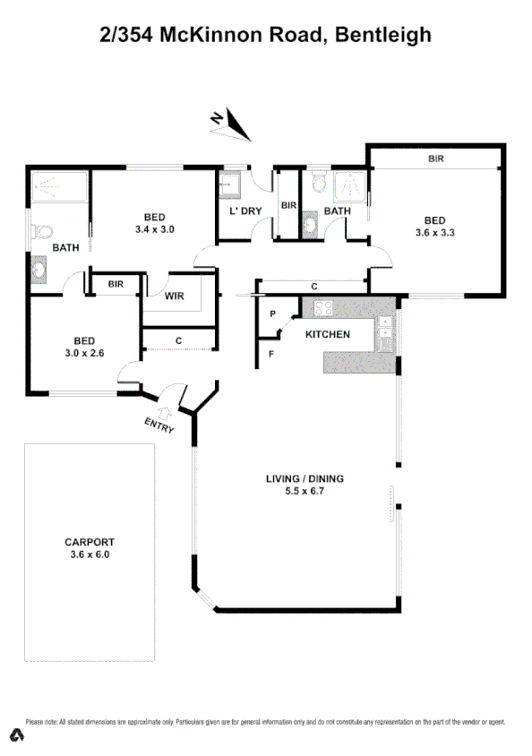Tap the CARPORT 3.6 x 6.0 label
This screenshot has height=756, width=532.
click(88, 548)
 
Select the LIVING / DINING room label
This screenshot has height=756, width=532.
click(305, 485)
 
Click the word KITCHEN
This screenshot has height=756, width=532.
click(327, 335)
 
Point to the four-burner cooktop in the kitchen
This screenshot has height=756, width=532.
click(322, 309)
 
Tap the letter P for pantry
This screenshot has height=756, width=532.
click(272, 314)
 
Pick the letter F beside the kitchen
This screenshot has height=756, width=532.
click(272, 353)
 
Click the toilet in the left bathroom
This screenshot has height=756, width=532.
click(41, 232)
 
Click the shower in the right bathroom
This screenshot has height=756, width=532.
click(350, 189)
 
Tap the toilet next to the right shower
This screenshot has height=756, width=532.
click(317, 185)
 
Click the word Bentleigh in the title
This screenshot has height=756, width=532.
click(386, 35)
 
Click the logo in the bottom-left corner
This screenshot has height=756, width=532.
click(15, 734)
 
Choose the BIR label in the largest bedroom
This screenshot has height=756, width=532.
click(436, 159)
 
